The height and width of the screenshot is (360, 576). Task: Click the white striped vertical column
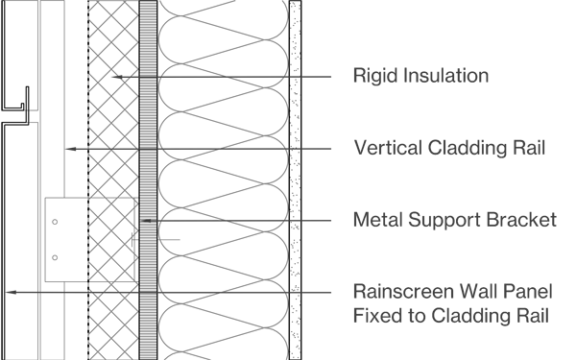click(x=148, y=180)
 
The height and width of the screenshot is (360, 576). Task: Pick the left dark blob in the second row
click(x=191, y=140)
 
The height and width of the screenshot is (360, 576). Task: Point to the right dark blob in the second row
click(x=252, y=152)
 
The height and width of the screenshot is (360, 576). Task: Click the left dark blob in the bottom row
click(x=191, y=283)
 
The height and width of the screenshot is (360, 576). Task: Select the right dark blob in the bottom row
click(x=252, y=295)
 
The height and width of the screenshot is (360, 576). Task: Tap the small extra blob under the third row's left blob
click(x=178, y=237)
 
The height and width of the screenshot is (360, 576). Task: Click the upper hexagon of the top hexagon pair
click(x=125, y=73)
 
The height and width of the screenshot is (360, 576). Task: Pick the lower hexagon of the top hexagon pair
click(x=113, y=80)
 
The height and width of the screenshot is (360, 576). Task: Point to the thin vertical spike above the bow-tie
click(x=111, y=142)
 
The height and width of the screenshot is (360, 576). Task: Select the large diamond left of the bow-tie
click(x=76, y=149)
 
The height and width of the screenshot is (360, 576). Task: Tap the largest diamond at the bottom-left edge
click(x=20, y=291)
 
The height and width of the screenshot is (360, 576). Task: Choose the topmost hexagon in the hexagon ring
click(x=111, y=193)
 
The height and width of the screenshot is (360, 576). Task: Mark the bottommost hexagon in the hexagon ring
click(x=111, y=296)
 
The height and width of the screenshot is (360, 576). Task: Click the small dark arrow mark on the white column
click(x=148, y=220)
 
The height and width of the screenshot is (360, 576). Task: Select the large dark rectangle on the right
click(x=436, y=180)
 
